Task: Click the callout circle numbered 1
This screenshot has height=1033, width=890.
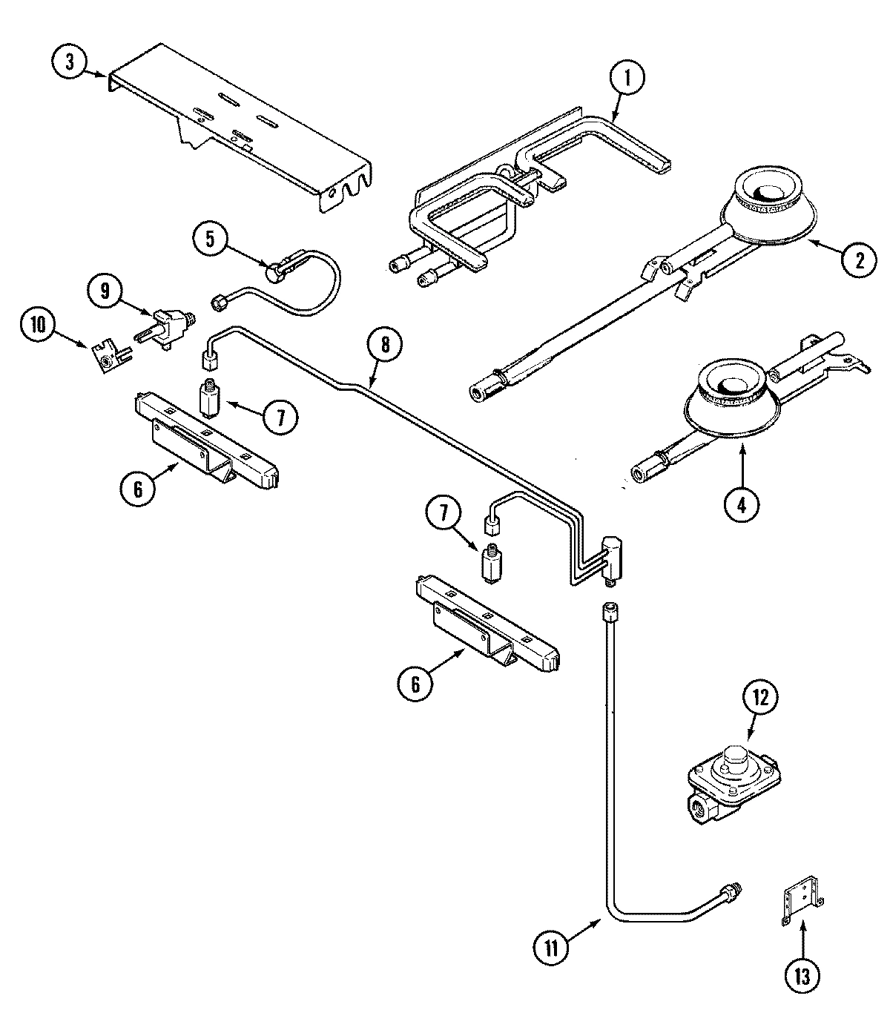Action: click(x=627, y=81)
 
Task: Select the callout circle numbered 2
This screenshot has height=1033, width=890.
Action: click(x=858, y=260)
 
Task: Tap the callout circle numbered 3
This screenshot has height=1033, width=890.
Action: click(x=70, y=62)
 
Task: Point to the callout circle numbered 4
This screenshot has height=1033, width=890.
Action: click(x=742, y=504)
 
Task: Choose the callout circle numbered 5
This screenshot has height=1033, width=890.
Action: click(x=210, y=238)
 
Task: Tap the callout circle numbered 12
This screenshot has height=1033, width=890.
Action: click(x=763, y=698)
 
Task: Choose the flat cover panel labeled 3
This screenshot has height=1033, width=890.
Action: click(x=237, y=126)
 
